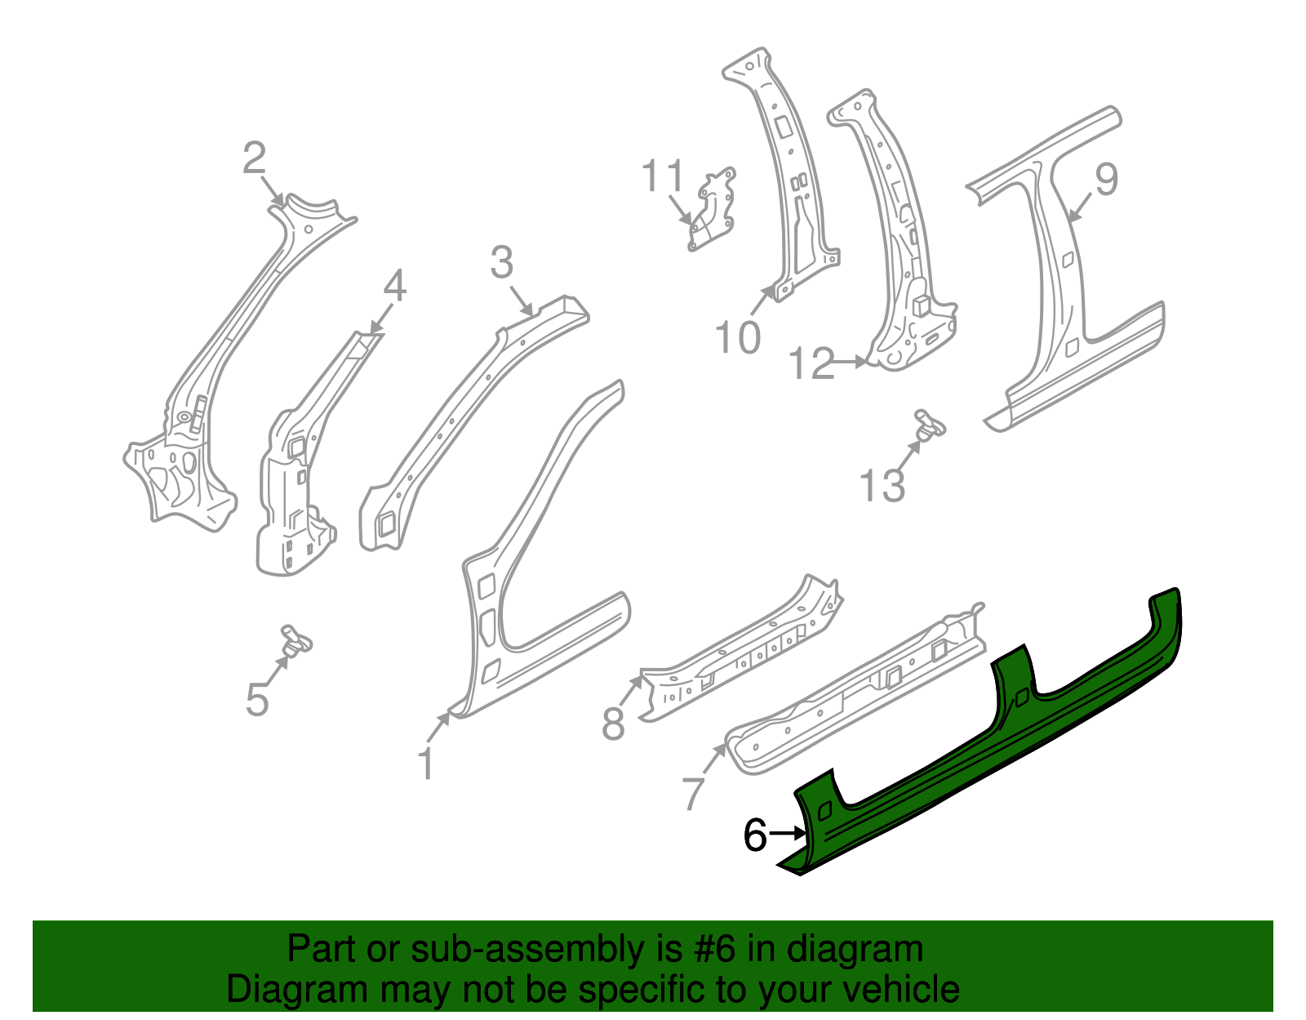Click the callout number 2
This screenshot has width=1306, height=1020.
pyautogui.click(x=255, y=158)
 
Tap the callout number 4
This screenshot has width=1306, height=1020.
pyautogui.click(x=394, y=287)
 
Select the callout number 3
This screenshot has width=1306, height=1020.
pyautogui.click(x=502, y=263)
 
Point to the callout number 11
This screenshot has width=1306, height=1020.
pyautogui.click(x=662, y=176)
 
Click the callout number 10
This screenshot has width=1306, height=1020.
pyautogui.click(x=737, y=336)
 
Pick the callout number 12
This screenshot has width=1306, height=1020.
pyautogui.click(x=812, y=363)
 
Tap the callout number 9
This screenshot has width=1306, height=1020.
pyautogui.click(x=1106, y=179)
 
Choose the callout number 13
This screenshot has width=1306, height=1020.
pyautogui.click(x=882, y=486)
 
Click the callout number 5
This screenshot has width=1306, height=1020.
pyautogui.click(x=257, y=700)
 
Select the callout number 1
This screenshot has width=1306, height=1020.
pyautogui.click(x=425, y=764)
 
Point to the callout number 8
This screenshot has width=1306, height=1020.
pyautogui.click(x=613, y=723)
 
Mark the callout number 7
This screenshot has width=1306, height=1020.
pyautogui.click(x=692, y=793)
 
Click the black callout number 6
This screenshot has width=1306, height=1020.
pyautogui.click(x=755, y=835)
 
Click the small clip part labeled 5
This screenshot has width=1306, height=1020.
pyautogui.click(x=295, y=639)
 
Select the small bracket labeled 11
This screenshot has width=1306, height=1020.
pyautogui.click(x=713, y=211)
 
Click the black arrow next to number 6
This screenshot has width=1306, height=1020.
pyautogui.click(x=788, y=834)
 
